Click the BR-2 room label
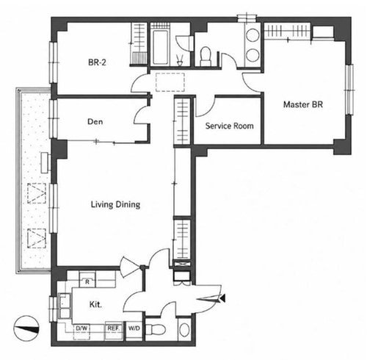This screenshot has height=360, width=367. tap(97, 62)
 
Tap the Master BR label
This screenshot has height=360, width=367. tap(303, 104)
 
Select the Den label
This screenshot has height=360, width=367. tap(95, 121)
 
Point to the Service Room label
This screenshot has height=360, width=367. tap(229, 126)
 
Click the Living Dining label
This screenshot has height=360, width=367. tap(115, 204)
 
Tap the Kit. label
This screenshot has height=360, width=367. tap(95, 304)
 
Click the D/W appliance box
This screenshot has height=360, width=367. tap(81, 331)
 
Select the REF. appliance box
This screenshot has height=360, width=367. tap(113, 331)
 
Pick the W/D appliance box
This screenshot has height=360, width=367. tap(134, 328)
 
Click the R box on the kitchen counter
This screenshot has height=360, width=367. tap(87, 282)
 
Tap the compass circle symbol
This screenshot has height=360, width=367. tap(26, 328)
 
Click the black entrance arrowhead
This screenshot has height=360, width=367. tap(222, 298)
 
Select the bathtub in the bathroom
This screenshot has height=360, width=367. tap(160, 47)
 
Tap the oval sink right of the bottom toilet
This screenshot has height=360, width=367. tap(184, 330)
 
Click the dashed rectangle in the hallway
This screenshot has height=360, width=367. tap(170, 82)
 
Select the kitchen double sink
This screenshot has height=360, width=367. tap(65, 306)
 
